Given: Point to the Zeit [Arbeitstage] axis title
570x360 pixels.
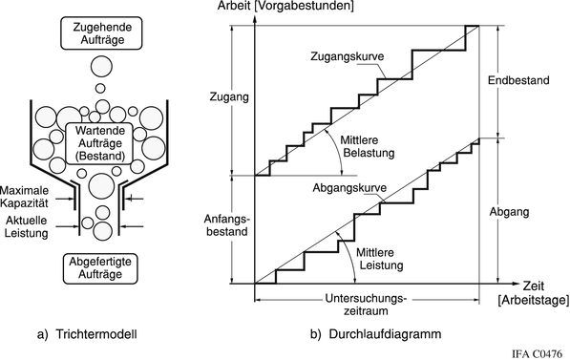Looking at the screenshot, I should [531, 293].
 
